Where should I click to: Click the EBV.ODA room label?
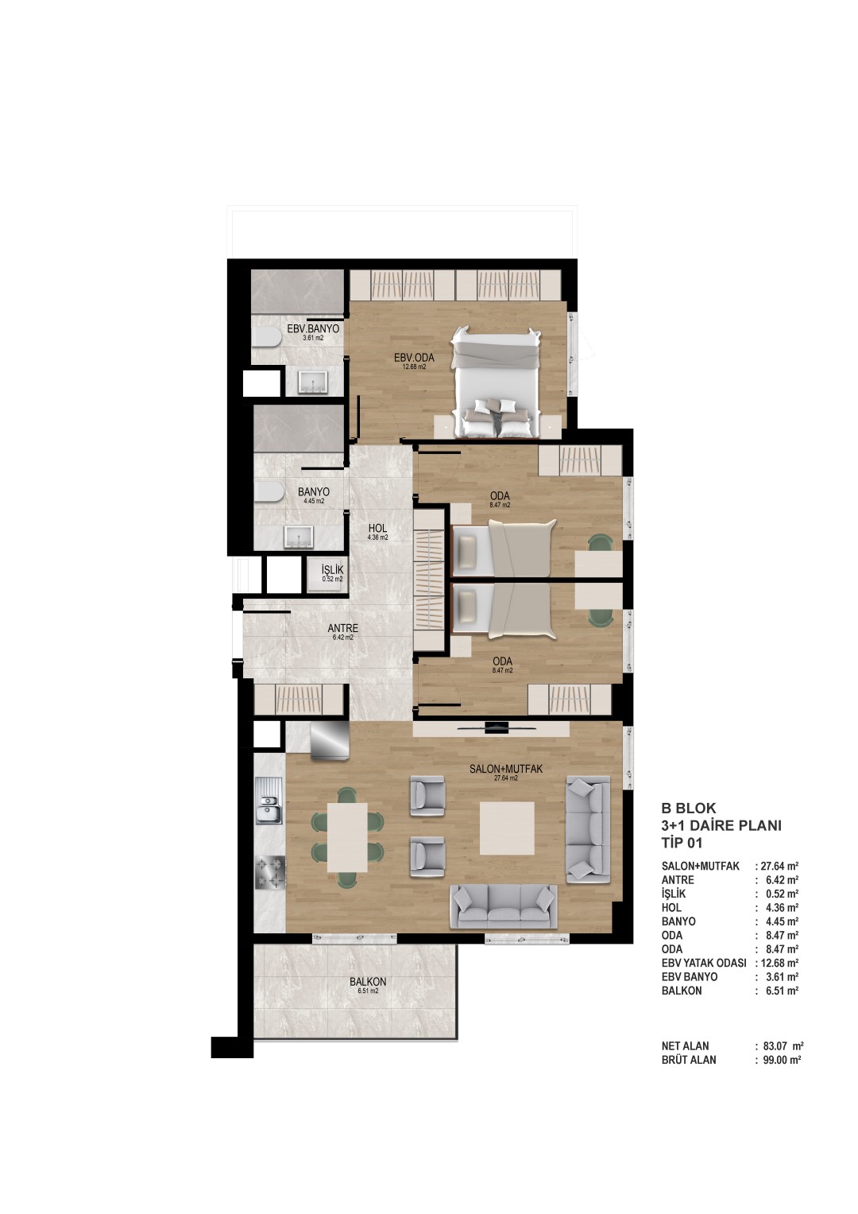pos(414,357)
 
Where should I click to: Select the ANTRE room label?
pos(343,628)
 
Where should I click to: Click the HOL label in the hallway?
pos(377,528)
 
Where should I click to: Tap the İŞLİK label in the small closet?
pos(332,569)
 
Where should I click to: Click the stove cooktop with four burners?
pos(269,873)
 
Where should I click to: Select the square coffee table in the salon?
pos(507,828)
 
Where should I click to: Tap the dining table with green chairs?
pos(347,837)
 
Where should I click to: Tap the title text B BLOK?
pos(689,808)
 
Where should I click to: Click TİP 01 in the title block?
pos(682,843)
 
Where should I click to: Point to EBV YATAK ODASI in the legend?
pos(704,963)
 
